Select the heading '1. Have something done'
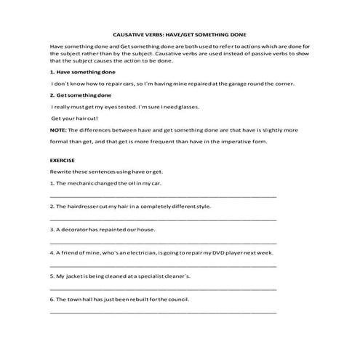click(x=79, y=72)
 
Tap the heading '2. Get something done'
click(x=78, y=95)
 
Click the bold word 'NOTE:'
click(x=58, y=129)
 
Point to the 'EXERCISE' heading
click(x=63, y=160)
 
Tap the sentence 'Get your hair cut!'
click(x=74, y=118)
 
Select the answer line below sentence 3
click(x=163, y=241)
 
